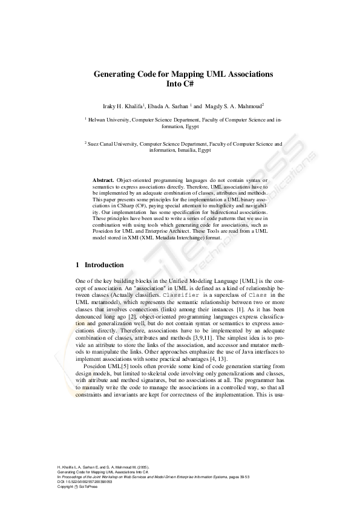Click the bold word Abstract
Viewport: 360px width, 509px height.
pos(103,181)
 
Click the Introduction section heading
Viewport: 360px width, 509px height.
pos(104,265)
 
